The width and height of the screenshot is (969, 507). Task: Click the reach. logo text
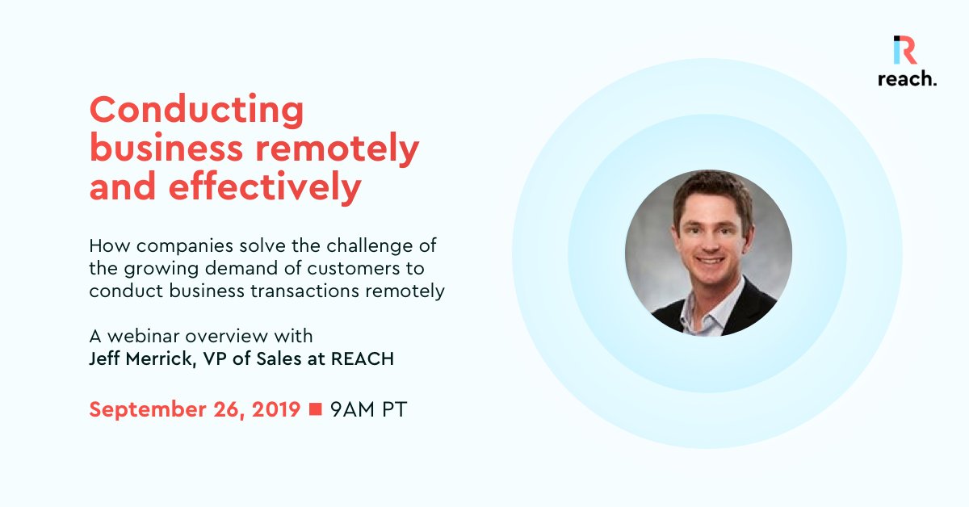907,78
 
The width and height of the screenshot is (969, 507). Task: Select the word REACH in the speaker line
363,359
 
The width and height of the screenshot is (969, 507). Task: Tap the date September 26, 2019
195,409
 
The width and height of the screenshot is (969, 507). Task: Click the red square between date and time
316,409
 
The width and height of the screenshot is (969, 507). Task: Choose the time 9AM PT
368,409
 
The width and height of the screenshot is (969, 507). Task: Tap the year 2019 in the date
275,409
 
